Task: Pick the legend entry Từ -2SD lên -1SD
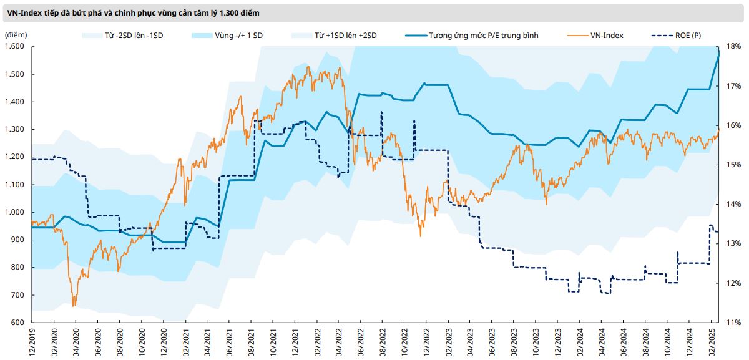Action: [131, 36]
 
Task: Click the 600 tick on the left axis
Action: [17, 323]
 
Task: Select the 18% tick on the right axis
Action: [733, 47]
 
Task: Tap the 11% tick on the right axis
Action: [733, 323]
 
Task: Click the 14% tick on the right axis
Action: [733, 204]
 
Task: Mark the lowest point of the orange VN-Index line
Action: [74, 306]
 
